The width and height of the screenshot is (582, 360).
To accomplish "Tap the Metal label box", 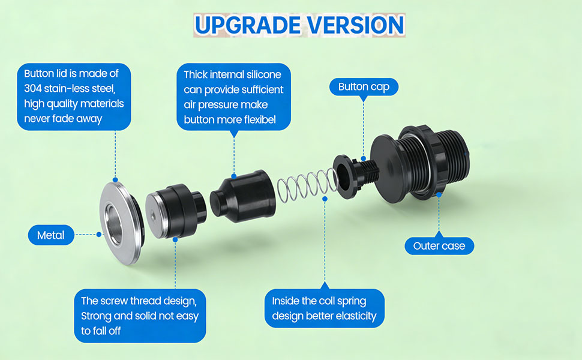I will point(51,235).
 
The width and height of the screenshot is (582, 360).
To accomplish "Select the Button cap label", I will point(364,87).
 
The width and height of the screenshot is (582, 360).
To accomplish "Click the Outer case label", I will point(439,245).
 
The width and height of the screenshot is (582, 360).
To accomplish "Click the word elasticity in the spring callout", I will point(354,316).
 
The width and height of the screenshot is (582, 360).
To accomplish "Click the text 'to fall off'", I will point(101,331).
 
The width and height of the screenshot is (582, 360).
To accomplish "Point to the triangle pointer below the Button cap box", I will point(364,100).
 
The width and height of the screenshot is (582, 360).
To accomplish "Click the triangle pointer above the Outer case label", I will point(439,233).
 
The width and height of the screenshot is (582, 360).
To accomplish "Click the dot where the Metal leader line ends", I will point(100,235).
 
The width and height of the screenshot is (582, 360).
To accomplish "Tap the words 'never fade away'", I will point(63,118).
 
